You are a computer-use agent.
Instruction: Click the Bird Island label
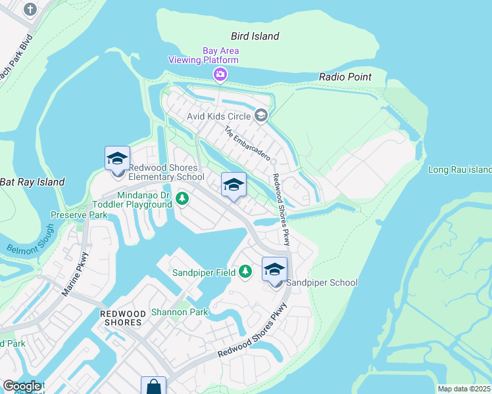(255, 36)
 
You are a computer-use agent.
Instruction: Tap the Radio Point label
(345, 77)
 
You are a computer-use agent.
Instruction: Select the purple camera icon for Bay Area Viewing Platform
(220, 75)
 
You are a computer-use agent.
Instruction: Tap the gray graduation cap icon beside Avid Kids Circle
(261, 116)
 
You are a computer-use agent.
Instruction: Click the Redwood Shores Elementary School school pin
(118, 160)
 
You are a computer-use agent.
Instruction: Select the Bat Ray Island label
(32, 182)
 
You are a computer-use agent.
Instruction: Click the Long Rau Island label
(460, 169)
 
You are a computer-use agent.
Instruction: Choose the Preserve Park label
(79, 215)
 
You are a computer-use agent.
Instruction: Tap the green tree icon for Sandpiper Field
(245, 271)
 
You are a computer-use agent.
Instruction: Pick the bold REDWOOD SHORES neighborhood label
(122, 318)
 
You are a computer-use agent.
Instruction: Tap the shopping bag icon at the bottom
(153, 386)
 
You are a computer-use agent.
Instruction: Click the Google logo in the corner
(22, 386)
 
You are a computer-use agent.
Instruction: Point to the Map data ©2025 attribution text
(464, 389)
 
